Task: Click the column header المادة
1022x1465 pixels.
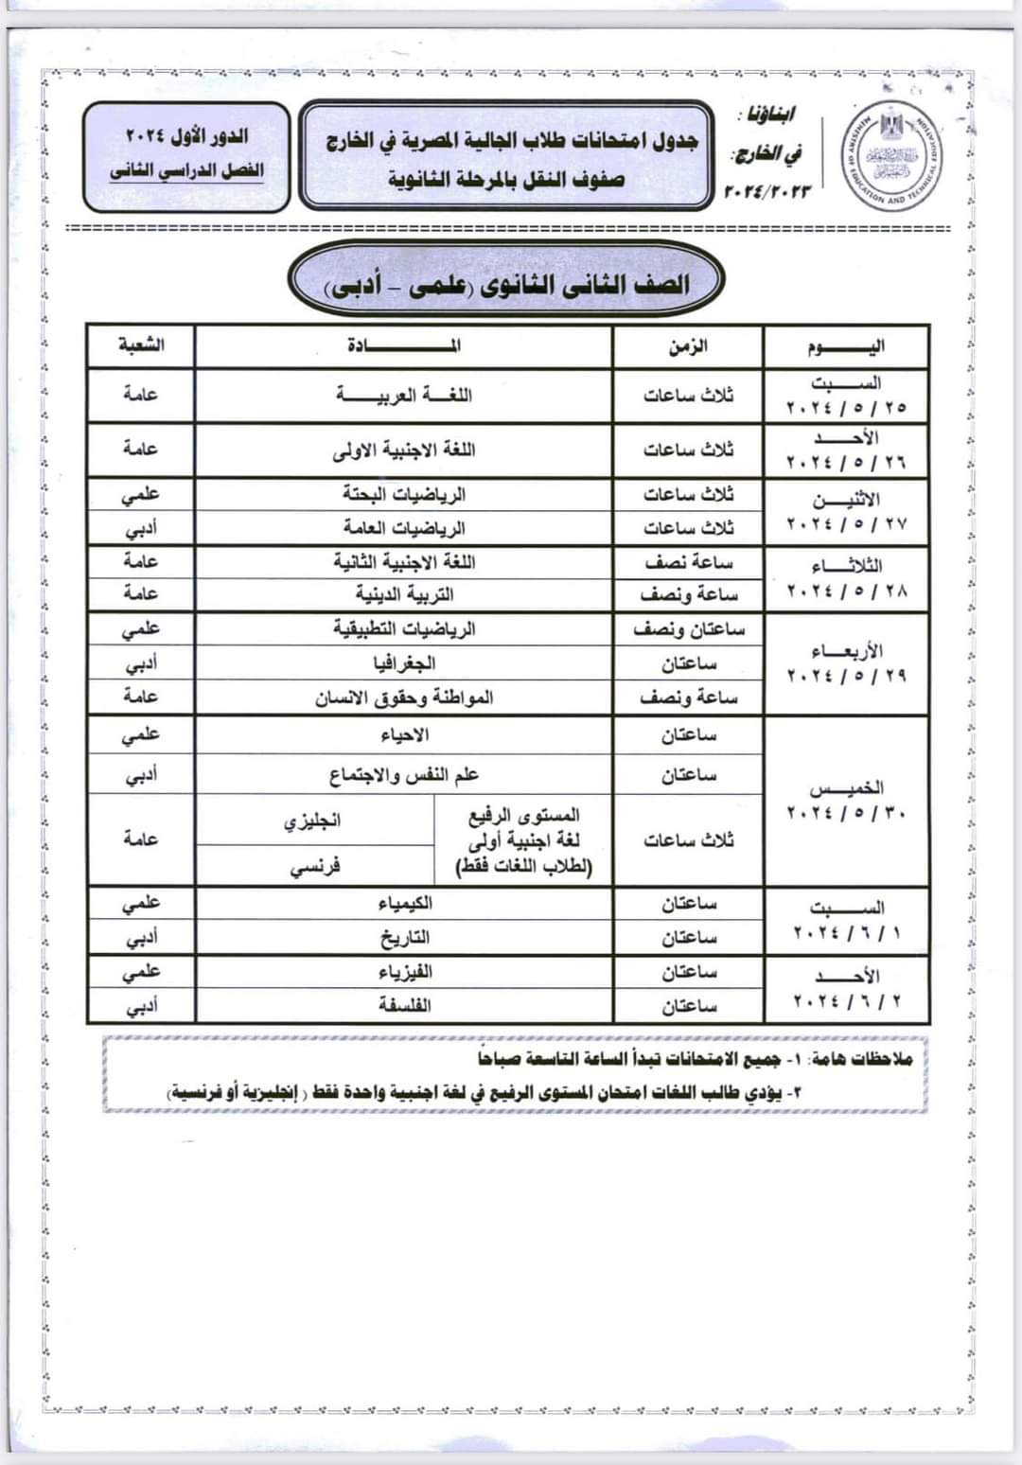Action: click(404, 345)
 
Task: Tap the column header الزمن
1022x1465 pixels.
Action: click(688, 346)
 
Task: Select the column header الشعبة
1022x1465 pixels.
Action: click(141, 345)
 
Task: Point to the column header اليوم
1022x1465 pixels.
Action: click(846, 346)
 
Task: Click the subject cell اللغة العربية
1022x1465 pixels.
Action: click(404, 395)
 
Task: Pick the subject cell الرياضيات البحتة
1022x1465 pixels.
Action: click(404, 494)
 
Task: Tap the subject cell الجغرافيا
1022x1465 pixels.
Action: click(404, 662)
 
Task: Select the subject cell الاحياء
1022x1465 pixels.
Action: click(404, 734)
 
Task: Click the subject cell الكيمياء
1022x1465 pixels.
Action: click(404, 903)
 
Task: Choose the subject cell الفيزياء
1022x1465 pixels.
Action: click(404, 971)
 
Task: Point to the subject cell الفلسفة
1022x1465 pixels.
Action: click(404, 1005)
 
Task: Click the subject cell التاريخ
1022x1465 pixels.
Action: click(404, 937)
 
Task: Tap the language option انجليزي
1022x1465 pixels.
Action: click(313, 821)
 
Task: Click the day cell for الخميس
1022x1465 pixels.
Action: click(846, 801)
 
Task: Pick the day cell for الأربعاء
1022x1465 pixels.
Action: click(846, 662)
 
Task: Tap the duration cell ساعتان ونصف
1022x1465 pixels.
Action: click(688, 628)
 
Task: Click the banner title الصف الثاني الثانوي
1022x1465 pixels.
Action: click(506, 283)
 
